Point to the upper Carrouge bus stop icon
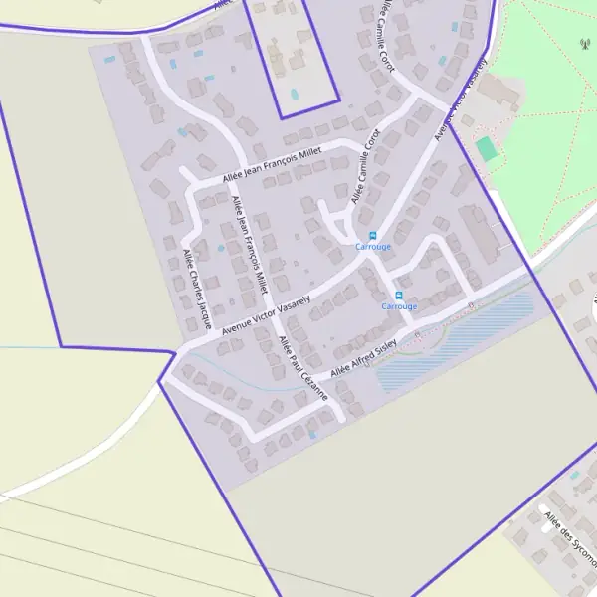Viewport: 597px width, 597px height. (x=373, y=236)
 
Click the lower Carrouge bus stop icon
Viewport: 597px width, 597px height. (x=399, y=296)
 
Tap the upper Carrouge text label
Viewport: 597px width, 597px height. (x=373, y=247)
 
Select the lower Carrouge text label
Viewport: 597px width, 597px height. (x=399, y=306)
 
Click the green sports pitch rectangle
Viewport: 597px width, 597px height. (x=486, y=149)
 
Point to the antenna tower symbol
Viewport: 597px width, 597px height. (x=584, y=44)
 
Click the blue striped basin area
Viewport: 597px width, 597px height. (x=453, y=338)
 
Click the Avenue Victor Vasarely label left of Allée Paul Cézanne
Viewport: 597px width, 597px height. (x=266, y=313)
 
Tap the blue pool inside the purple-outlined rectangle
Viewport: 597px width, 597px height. (x=294, y=94)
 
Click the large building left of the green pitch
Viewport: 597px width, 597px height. (x=499, y=93)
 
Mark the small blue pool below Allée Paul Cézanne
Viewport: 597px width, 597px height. (x=313, y=435)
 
